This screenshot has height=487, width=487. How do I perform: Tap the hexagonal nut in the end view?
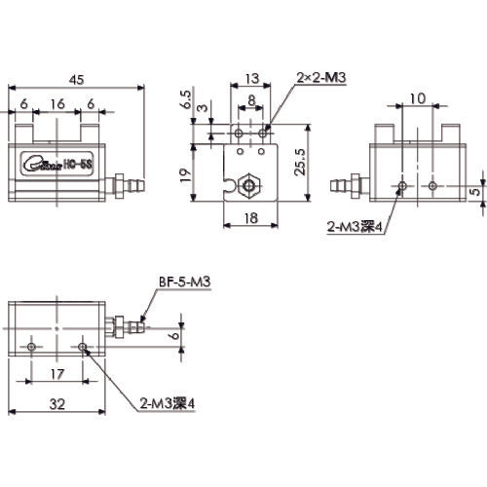point(251,182)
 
